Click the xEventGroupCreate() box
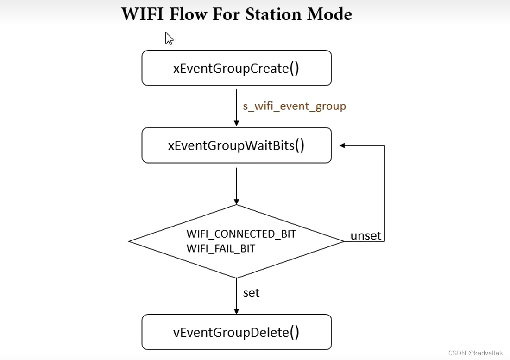coord(236,68)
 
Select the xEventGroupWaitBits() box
coord(236,145)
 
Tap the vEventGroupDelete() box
coord(236,332)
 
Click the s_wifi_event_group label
coord(295,106)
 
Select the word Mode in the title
coord(329,14)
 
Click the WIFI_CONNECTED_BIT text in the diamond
coord(241,234)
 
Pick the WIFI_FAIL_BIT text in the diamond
coord(220,249)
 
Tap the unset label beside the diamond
coord(365,236)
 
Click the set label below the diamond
coord(251,293)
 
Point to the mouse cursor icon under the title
coord(169,38)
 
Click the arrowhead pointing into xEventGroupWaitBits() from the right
coord(343,145)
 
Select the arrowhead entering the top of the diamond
coord(236,202)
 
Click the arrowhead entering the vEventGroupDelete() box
coord(236,311)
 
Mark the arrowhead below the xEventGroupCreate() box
coord(236,123)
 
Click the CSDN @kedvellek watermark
coord(475,353)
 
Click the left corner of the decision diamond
coord(130,241)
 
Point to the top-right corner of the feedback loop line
coord(384,145)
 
